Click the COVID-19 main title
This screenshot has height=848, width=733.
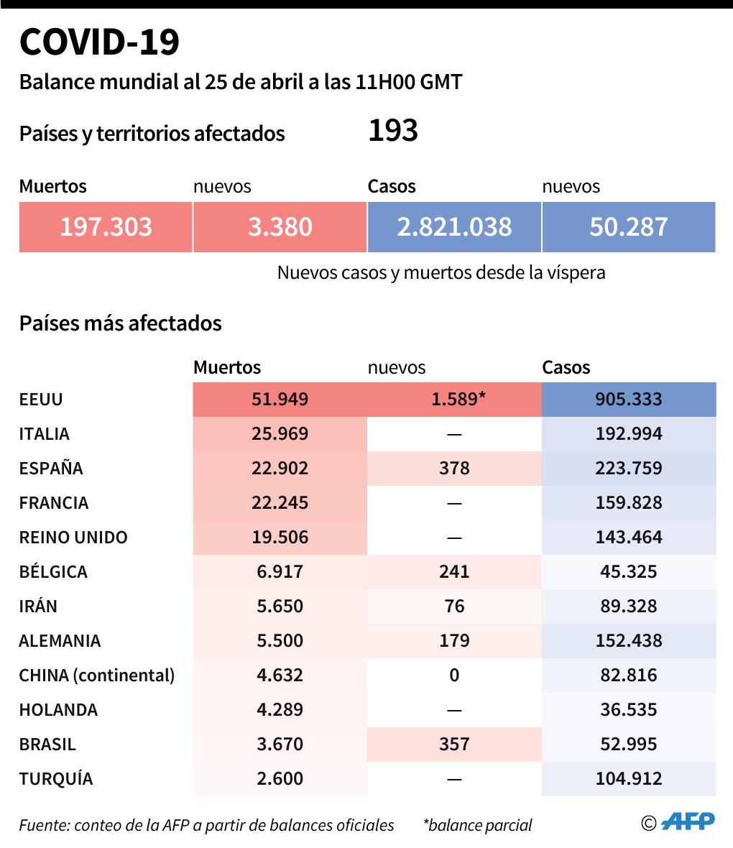99,43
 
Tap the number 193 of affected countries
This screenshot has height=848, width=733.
392,131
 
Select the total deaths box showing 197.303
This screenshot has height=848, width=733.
106,227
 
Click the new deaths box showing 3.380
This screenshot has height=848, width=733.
280,227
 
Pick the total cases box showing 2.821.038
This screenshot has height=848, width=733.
454,227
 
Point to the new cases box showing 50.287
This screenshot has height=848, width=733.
629,227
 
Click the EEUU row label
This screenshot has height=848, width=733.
41,400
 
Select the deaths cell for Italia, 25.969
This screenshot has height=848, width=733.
280,434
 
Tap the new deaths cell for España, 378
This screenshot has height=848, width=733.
454,469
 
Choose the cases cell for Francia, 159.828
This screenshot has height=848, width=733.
629,503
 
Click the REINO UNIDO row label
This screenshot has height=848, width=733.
73,538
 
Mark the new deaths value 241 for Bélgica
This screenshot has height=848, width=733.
454,572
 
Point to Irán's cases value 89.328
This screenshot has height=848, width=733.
629,607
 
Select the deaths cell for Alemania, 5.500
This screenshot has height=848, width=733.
280,641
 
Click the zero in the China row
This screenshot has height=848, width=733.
454,676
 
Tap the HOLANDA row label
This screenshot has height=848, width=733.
58,710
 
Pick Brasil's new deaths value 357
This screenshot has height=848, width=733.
454,745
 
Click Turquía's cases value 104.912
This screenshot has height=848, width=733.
629,779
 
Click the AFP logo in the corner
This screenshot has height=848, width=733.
687,822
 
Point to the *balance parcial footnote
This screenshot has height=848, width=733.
478,825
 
